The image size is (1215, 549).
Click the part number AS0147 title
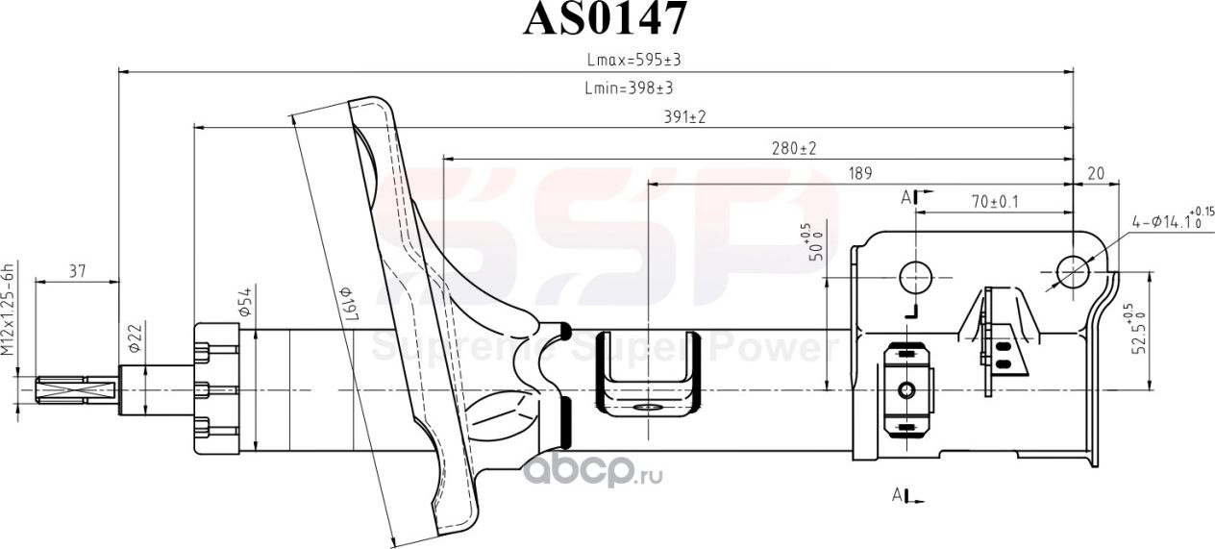click(606, 18)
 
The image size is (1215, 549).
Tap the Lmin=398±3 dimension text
click(628, 88)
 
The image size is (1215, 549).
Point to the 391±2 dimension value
click(685, 117)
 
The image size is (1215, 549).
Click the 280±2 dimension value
click(793, 148)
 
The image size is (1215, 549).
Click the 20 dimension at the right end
click(1095, 174)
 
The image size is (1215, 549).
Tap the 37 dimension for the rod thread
click(78, 272)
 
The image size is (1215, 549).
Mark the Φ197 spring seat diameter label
click(347, 305)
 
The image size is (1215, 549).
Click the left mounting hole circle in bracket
click(915, 276)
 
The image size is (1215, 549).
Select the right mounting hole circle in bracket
click(1072, 273)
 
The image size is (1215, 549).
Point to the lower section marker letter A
click(898, 495)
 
